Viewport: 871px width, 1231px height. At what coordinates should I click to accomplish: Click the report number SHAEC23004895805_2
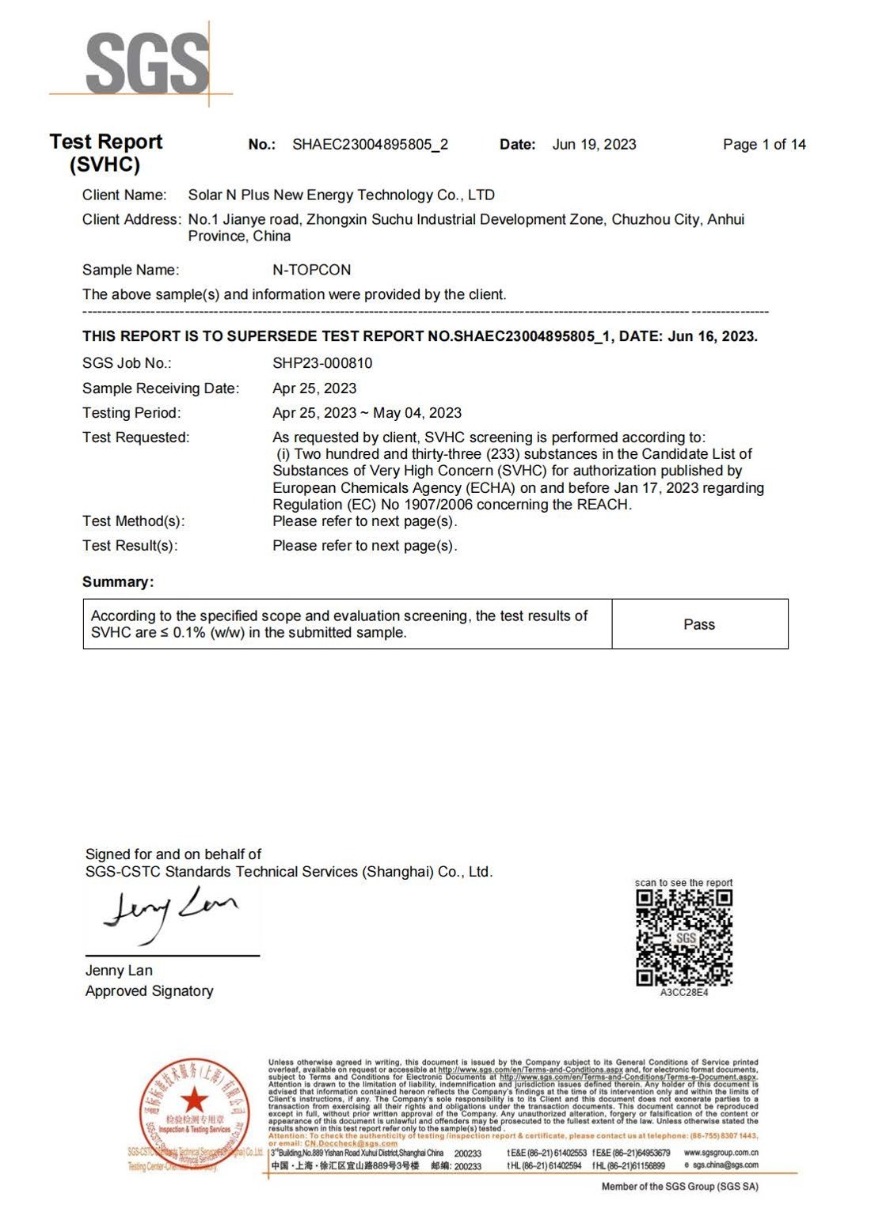coord(370,145)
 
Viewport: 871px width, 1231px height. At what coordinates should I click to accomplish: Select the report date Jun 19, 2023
coord(594,145)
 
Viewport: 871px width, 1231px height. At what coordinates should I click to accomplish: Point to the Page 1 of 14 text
coord(763,145)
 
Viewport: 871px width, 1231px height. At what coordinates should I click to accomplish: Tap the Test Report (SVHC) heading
coord(105,153)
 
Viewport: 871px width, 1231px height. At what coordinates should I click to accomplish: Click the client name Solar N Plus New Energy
coord(340,195)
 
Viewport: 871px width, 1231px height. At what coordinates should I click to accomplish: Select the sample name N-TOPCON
coord(311,270)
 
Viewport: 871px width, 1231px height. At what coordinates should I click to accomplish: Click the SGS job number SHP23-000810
coord(321,363)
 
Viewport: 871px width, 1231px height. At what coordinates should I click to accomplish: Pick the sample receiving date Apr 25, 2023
coord(314,388)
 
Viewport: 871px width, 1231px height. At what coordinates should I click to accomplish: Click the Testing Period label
coord(131,413)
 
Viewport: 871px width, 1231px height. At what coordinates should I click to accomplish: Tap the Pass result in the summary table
coord(698,624)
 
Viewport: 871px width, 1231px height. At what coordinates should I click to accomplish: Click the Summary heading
coord(118,582)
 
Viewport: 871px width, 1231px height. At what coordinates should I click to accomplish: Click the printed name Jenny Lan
coord(119,971)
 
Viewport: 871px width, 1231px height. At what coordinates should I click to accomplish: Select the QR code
coord(684,937)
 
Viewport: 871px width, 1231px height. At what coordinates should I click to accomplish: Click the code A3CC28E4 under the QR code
coord(684,993)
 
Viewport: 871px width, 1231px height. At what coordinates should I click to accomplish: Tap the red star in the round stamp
coord(194,1100)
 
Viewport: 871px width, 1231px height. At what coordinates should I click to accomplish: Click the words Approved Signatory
coord(149,991)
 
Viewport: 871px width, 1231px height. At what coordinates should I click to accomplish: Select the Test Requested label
coord(135,437)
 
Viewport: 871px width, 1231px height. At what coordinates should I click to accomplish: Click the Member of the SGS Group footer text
coord(679,1187)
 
